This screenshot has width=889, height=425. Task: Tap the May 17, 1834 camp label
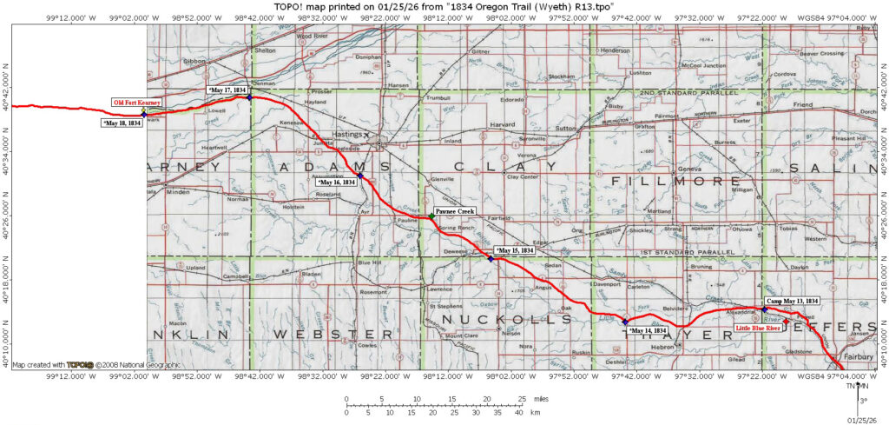click(x=227, y=90)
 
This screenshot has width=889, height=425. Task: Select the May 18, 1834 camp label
click(x=122, y=123)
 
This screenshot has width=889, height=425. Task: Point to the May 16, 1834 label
click(x=337, y=183)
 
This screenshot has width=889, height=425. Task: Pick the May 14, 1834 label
click(x=647, y=330)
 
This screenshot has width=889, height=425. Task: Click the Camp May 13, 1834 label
click(x=794, y=301)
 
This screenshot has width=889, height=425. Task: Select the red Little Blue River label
click(x=756, y=329)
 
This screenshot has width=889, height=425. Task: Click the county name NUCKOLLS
click(x=495, y=319)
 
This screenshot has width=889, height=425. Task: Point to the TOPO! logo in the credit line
click(x=81, y=364)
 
